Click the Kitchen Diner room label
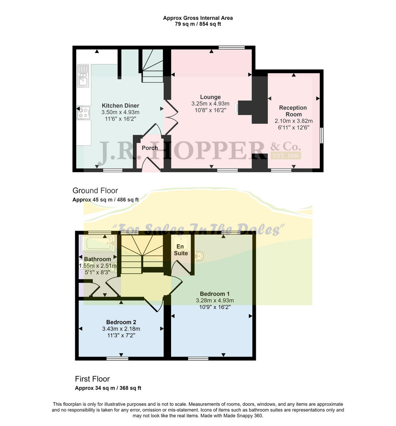click(x=120, y=105)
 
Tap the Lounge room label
click(x=210, y=97)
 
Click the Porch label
click(x=149, y=148)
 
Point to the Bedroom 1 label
click(x=215, y=294)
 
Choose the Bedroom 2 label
click(x=121, y=322)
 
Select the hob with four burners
click(x=83, y=113)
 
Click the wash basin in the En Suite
click(x=199, y=256)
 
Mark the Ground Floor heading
click(x=95, y=191)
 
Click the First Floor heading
click(x=92, y=379)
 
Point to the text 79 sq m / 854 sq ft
click(x=198, y=24)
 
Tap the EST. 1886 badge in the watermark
click(x=285, y=155)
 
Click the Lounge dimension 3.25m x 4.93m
click(x=210, y=104)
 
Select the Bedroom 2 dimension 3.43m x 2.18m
click(x=121, y=329)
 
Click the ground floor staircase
click(x=153, y=66)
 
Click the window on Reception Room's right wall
click(x=321, y=135)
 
